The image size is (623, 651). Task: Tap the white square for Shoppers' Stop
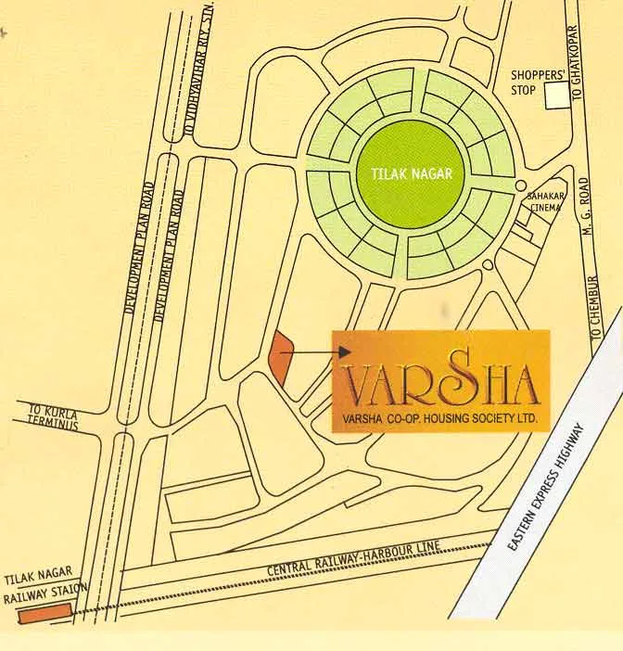(556, 96)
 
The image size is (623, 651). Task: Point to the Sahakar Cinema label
(546, 201)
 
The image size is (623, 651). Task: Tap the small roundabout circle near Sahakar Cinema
(521, 185)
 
